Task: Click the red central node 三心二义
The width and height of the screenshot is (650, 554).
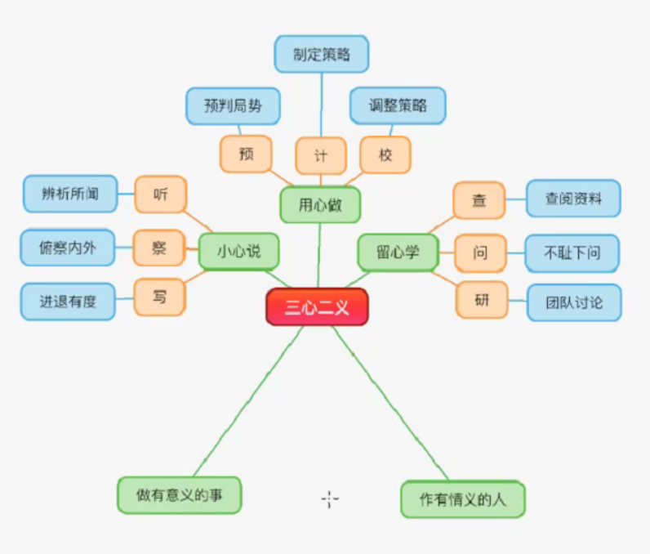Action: pos(317,307)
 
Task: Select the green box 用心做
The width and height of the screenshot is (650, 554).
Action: pos(320,205)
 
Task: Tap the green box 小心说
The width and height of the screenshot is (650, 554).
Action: pos(238,252)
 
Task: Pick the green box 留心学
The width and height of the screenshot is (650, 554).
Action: pos(398,252)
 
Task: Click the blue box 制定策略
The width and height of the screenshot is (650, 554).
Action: pos(321,54)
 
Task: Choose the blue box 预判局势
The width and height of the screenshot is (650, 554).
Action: pos(233,105)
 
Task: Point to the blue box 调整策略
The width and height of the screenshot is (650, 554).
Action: pos(398,105)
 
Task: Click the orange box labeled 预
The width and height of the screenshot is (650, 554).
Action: pos(245,154)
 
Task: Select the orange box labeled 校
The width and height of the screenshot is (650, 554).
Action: pos(385,154)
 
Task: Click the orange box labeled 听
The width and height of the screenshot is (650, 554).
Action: pos(160,194)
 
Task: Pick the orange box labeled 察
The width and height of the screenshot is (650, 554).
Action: pos(158,248)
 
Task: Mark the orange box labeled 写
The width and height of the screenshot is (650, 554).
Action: pos(159,297)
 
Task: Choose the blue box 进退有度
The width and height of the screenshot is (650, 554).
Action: pos(68,301)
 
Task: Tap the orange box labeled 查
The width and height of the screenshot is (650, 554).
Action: pos(479,199)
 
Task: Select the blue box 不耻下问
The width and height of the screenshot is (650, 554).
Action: pos(572,252)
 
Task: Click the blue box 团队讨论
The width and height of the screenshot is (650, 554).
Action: pos(574,302)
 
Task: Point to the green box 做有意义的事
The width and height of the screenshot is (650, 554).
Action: pos(179,494)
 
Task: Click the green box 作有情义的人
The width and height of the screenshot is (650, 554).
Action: pos(463,499)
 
